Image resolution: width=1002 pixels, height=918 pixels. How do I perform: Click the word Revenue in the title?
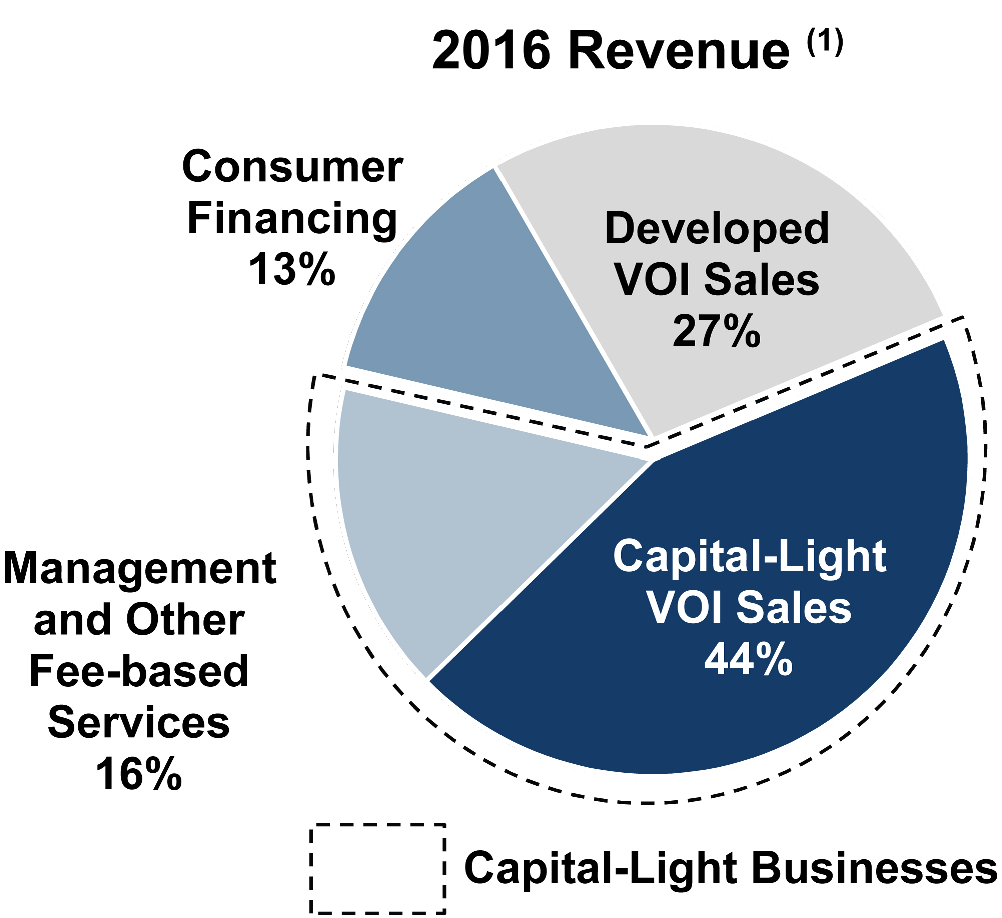coord(678,51)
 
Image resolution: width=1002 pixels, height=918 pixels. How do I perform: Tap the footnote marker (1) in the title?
coord(825,43)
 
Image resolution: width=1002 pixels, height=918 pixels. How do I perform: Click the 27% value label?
coord(716,331)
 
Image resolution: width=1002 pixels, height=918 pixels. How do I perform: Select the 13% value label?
coord(292,269)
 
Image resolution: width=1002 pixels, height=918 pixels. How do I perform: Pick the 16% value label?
coord(138,774)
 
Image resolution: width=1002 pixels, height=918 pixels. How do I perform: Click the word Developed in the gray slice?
coord(717,228)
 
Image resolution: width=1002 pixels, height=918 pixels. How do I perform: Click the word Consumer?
coord(292,166)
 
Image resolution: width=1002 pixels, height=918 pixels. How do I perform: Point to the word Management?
coord(139,568)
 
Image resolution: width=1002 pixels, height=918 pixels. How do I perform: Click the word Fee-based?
coord(139,671)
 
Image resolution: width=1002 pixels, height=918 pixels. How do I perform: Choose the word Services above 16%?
coord(139,722)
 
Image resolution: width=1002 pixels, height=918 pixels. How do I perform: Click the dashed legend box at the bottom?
coord(377,868)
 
